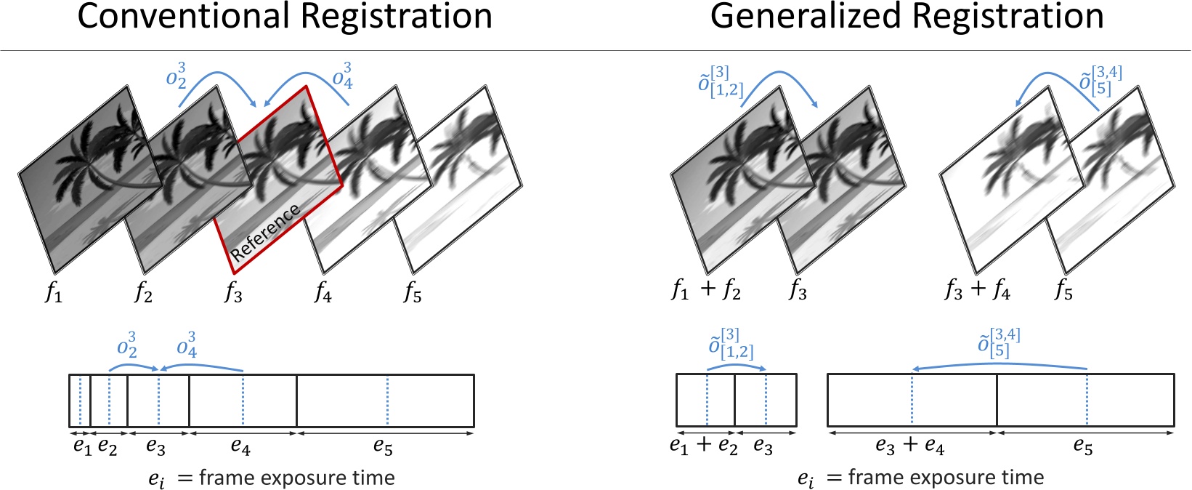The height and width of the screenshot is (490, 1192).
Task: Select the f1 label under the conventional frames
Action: (54, 292)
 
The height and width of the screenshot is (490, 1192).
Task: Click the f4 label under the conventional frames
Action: (323, 292)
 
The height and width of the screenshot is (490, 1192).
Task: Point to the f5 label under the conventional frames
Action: (413, 292)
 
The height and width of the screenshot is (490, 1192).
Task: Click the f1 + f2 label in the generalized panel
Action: (705, 291)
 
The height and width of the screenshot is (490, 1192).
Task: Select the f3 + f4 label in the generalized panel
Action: (977, 290)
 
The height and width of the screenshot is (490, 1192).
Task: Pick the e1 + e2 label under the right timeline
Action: (703, 446)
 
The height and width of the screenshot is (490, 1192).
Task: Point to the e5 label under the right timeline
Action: (1082, 446)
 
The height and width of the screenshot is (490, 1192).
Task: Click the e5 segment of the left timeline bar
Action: (385, 401)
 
